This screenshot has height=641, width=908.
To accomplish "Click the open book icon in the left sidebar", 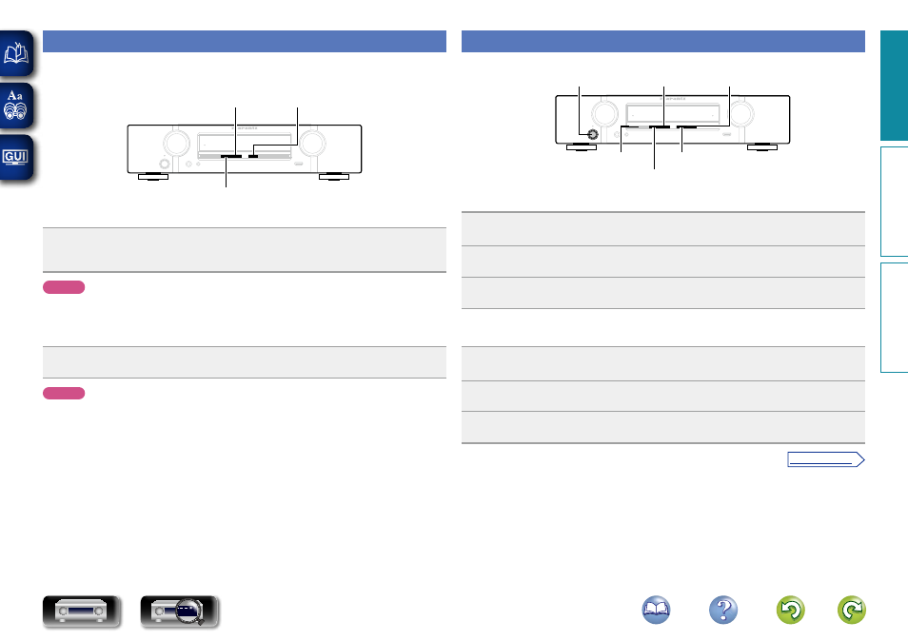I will [17, 54].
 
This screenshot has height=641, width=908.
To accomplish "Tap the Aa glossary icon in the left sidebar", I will [17, 106].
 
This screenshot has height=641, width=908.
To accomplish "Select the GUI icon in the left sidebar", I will [17, 155].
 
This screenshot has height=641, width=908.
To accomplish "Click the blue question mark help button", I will [722, 611].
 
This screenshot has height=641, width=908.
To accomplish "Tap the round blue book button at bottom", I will [654, 611].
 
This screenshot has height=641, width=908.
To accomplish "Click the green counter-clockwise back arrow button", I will [791, 611].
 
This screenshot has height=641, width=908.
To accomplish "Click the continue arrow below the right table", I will [825, 460].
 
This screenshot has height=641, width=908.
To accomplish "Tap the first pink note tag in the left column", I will [64, 287].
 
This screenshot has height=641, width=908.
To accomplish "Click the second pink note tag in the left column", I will [64, 393].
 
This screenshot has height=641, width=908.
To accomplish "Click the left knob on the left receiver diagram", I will [176, 144].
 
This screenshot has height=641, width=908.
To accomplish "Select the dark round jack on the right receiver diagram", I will [593, 135].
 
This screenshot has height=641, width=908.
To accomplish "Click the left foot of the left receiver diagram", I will [152, 177].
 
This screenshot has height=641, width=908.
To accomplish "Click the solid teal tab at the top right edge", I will [894, 86].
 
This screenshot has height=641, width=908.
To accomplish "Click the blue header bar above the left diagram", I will [245, 41].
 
